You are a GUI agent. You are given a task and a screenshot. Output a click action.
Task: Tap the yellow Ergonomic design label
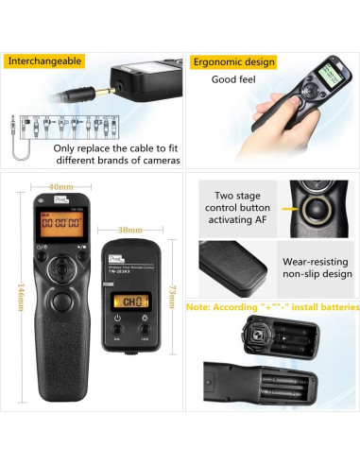[x=234, y=62]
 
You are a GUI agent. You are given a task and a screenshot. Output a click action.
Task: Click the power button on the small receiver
[x=116, y=330]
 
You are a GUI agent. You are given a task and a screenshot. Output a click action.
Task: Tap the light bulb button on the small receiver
[x=145, y=330]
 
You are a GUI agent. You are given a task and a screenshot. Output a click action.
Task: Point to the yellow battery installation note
[x=272, y=306]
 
